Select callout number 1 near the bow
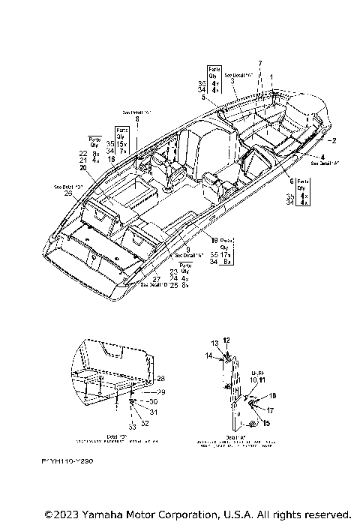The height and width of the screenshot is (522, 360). [271, 77]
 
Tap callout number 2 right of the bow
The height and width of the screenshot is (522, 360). [335, 140]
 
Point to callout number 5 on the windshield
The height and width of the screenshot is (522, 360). [202, 97]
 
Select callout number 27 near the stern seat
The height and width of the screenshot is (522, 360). [156, 278]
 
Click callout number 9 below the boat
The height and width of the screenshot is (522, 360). [187, 249]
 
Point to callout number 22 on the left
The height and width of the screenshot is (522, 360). [83, 153]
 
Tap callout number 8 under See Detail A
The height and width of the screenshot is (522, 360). [137, 119]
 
